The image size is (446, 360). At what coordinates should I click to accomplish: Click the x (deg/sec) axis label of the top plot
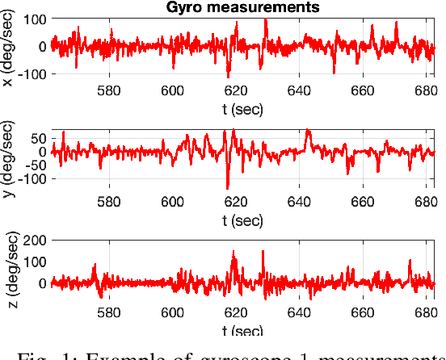click(7, 47)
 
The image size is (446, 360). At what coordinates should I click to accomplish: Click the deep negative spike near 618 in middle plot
click(229, 187)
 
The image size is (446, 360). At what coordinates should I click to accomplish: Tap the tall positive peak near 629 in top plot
click(266, 19)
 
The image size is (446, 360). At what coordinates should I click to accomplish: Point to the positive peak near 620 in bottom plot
click(234, 253)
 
